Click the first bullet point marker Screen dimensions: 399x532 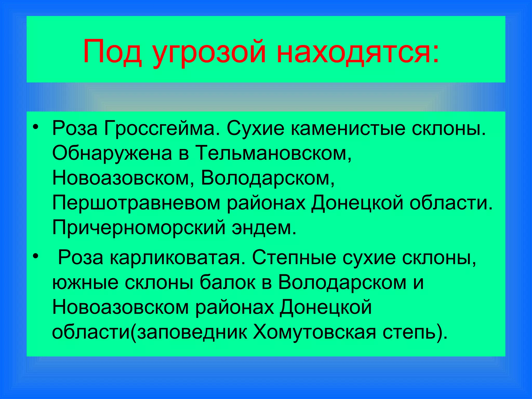36,127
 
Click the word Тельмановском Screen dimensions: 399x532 273,153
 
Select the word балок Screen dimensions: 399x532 228,282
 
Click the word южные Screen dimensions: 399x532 85,282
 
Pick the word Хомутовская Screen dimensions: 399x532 315,332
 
